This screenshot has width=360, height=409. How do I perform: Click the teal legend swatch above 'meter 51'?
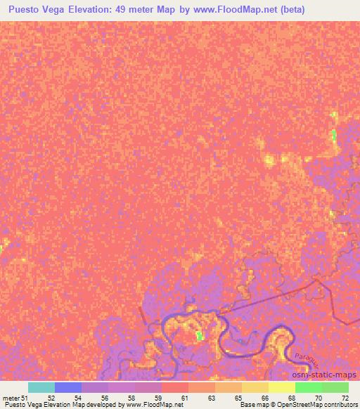pos(41,387)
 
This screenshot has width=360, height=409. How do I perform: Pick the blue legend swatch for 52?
pos(68,387)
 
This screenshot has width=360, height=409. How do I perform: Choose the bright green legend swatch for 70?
pos(309,387)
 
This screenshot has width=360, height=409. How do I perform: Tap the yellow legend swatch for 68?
pos(282,387)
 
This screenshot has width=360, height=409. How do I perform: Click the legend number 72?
pos(344,397)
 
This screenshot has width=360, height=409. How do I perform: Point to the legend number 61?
pos(184,397)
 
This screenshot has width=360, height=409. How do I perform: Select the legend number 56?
pos(103,397)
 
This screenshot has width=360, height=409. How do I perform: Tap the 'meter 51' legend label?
pos(15,397)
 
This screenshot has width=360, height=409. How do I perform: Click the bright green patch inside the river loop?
pos(199,337)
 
